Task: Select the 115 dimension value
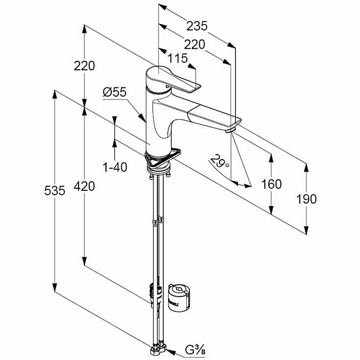click(178, 58)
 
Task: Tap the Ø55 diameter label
click(115, 91)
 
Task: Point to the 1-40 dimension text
click(115, 167)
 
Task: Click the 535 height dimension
click(54, 191)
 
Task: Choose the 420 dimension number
click(84, 186)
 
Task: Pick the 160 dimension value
click(271, 184)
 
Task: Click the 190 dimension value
click(307, 199)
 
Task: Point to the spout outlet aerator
click(231, 130)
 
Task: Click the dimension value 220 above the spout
click(195, 45)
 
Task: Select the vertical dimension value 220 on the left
click(84, 65)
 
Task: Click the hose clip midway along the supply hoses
click(157, 222)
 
